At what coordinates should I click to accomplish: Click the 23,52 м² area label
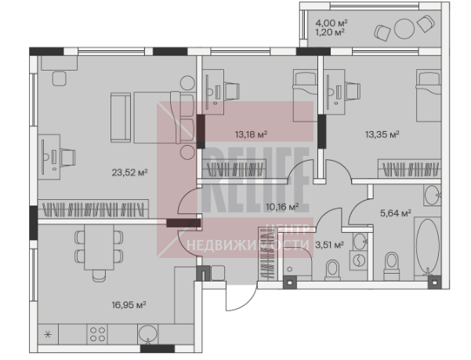(x=129, y=173)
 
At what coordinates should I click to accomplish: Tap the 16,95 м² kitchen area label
(x=129, y=305)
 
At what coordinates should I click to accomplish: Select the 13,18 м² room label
(x=251, y=134)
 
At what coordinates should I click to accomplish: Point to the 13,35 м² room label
(x=382, y=134)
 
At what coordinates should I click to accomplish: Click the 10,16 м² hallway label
(x=282, y=207)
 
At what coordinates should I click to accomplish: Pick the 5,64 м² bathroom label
(x=396, y=213)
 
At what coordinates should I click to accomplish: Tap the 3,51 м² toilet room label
(x=329, y=245)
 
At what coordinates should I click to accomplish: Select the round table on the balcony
(x=404, y=29)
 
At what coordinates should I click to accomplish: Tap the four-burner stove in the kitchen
(x=97, y=334)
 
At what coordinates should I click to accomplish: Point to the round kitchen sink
(x=147, y=334)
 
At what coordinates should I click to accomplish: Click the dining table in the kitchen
(x=99, y=247)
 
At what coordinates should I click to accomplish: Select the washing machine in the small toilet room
(x=359, y=260)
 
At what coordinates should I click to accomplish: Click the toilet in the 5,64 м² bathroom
(x=392, y=263)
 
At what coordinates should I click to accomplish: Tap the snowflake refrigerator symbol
(x=48, y=334)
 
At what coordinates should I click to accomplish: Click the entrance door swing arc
(x=245, y=301)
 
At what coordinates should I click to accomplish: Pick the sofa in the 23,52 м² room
(x=121, y=117)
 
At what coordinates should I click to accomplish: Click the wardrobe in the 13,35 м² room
(x=409, y=169)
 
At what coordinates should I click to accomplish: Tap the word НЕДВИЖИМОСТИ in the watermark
(x=248, y=245)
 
